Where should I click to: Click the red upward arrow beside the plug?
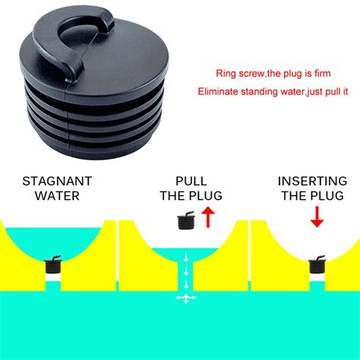(207, 219)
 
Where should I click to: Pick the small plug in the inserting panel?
(317, 267)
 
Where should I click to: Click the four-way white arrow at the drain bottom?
(183, 299)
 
